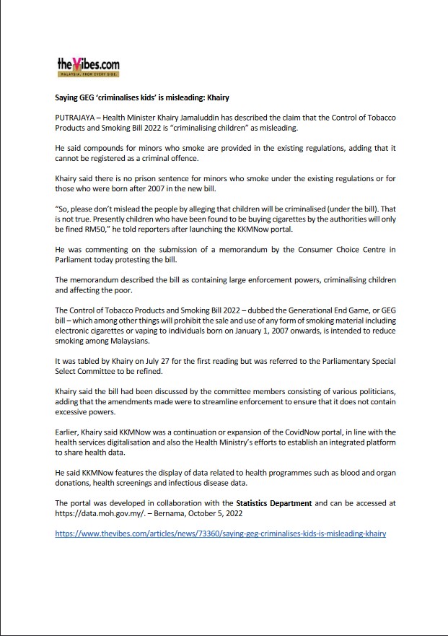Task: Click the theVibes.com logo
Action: (88, 66)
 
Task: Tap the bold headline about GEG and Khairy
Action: (142, 97)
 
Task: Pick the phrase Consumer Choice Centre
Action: (325, 249)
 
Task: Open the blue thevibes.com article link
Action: (221, 534)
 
